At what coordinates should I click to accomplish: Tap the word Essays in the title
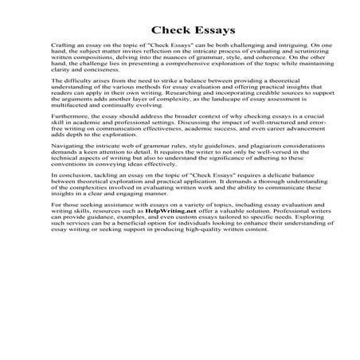[x=205, y=31]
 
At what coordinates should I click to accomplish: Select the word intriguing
[x=289, y=49]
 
